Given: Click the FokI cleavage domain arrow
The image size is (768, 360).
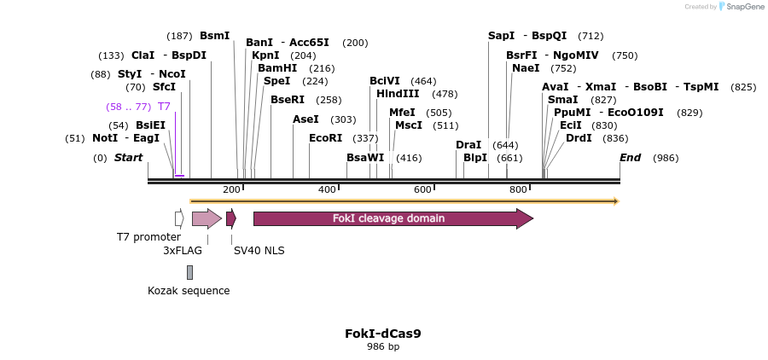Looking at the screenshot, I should pos(393,218).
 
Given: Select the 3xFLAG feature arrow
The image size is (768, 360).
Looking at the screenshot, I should pos(206,218).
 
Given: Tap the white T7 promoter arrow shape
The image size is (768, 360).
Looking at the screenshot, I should pos(179,218).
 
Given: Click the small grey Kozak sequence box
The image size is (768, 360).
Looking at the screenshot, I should pos(189,272).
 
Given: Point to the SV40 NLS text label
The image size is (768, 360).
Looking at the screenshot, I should pos(259,251).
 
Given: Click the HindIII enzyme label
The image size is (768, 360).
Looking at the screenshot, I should pos(398,94).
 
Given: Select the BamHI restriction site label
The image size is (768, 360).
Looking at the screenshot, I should pos(277,68).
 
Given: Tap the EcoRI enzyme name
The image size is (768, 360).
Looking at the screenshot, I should pos(325,138).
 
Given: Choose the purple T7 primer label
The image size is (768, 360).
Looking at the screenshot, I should pos(164,107).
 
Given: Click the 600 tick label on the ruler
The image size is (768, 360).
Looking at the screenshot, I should pos(423,189).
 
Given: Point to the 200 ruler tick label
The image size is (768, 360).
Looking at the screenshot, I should pos(231,189).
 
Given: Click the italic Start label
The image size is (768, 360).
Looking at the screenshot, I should pos(128,158).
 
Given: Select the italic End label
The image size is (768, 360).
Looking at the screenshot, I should pos(630,158).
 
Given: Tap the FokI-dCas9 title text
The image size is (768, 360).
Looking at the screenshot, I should pos(383,334).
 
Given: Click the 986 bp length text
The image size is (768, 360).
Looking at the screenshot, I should pos(383,346).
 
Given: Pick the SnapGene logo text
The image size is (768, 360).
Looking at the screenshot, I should pos(742,7).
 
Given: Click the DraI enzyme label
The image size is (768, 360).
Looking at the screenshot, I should pos(468,145).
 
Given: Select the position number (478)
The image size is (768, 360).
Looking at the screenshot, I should pos(445,94).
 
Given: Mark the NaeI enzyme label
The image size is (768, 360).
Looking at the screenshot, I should pos(526,68).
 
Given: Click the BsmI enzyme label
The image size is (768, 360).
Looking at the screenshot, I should pos(214,36).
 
